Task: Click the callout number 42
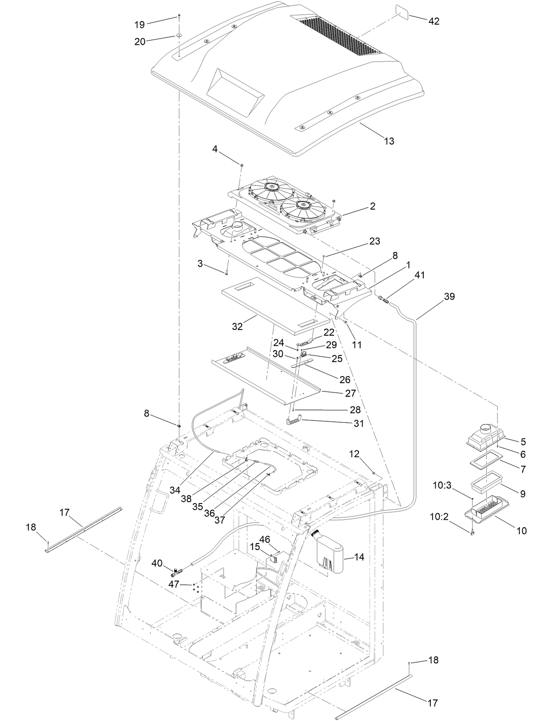[434, 21]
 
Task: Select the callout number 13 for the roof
[389, 141]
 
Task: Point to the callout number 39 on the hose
[449, 297]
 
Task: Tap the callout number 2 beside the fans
[372, 206]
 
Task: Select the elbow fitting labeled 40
[177, 572]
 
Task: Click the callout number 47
[174, 584]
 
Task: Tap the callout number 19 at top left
[140, 24]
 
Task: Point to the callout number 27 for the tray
[350, 393]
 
